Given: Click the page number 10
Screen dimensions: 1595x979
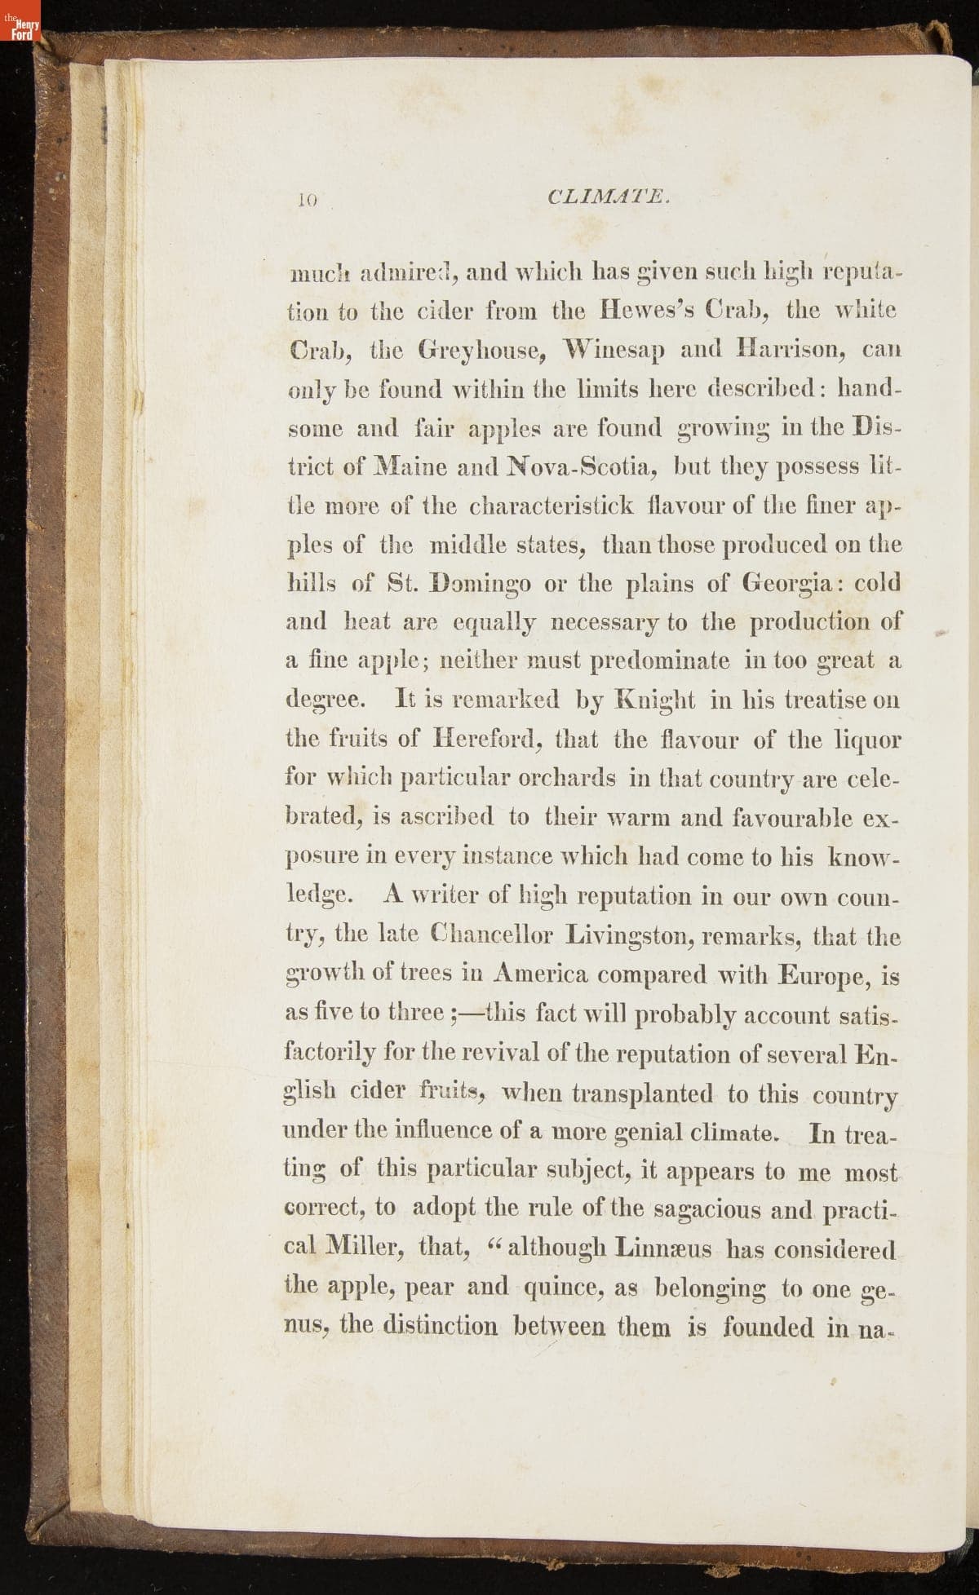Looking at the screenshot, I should [x=309, y=198].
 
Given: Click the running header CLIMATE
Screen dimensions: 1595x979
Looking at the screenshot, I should [x=610, y=197].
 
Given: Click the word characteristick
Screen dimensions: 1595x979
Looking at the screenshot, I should [x=551, y=506].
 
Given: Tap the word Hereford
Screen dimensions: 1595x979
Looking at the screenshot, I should [x=486, y=740].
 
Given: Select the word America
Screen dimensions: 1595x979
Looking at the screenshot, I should [x=538, y=974].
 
